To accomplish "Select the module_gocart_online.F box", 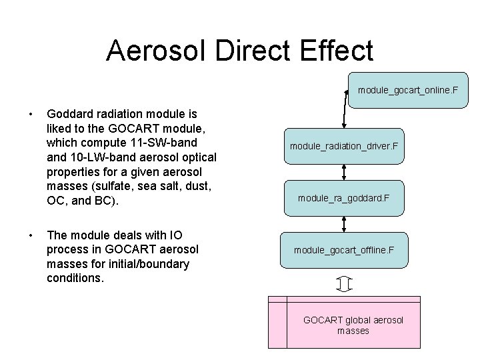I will coord(408,89).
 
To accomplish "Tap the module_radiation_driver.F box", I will coord(344,146).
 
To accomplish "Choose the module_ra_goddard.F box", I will coord(344,198).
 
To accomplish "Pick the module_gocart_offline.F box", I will coord(344,250).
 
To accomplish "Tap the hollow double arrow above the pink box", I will coord(344,284).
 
